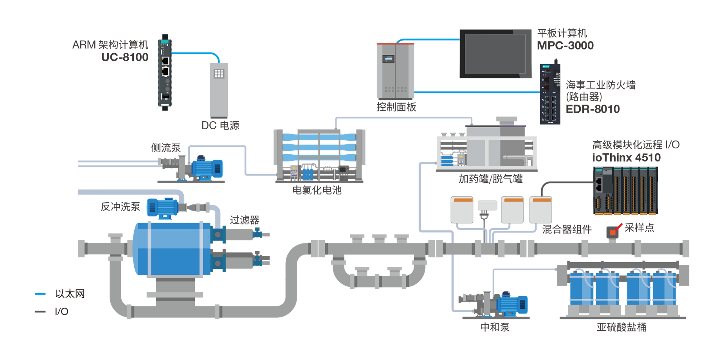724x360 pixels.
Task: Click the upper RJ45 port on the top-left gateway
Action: click(165, 61)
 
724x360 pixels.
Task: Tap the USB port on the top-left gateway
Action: click(165, 96)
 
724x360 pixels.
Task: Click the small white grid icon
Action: click(219, 74)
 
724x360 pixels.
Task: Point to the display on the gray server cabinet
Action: click(388, 59)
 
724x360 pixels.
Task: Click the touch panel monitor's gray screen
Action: click(495, 54)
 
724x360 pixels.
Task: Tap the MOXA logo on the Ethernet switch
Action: click(546, 67)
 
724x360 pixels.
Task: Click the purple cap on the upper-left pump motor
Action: click(201, 155)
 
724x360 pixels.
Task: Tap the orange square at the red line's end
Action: click(612, 232)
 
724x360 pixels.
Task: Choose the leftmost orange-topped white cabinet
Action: click(462, 210)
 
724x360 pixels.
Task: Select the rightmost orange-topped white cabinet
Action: click(541, 210)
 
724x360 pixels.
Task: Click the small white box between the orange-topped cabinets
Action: click(487, 205)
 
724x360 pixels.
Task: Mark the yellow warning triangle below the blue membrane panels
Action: click(294, 167)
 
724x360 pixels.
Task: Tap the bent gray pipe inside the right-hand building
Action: click(518, 159)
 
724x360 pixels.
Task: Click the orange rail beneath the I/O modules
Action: click(625, 217)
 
